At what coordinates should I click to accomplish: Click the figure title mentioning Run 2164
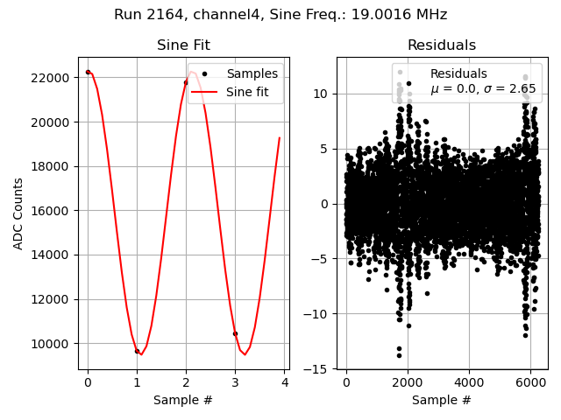pos(280,15)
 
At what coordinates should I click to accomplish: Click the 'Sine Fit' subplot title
pos(183,45)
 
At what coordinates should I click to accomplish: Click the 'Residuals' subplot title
pos(442,45)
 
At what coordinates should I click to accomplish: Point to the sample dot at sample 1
pos(137,351)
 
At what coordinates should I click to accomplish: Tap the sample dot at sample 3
pos(235,333)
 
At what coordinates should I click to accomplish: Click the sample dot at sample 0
pos(88,72)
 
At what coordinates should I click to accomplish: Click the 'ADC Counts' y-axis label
pos(18,213)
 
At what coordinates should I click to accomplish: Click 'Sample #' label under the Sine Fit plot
pos(183,400)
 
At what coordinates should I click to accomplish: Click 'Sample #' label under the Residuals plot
pos(442,400)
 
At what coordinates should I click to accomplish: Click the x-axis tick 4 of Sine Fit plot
pos(285,382)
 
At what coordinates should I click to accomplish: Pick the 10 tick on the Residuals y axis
pos(321,94)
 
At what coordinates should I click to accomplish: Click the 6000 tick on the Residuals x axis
pos(529,382)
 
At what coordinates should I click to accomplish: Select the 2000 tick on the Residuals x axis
pos(407,382)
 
